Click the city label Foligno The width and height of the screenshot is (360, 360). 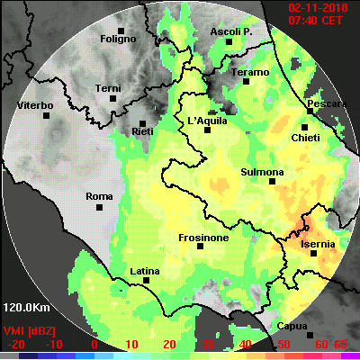[x=117, y=39]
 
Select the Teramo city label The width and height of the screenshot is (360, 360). [x=250, y=72]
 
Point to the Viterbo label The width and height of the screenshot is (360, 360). [x=36, y=106]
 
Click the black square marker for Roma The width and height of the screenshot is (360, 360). [x=99, y=207]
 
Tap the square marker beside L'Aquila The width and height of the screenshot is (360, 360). [x=208, y=130]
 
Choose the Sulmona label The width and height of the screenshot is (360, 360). [x=263, y=172]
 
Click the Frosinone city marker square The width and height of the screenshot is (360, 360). [x=201, y=245]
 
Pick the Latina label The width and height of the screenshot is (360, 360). [x=145, y=270]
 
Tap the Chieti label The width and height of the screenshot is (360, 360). [x=306, y=138]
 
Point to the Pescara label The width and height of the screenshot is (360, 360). [x=326, y=104]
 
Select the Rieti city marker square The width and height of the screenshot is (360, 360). [x=143, y=122]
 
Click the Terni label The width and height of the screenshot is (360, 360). [x=108, y=87]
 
